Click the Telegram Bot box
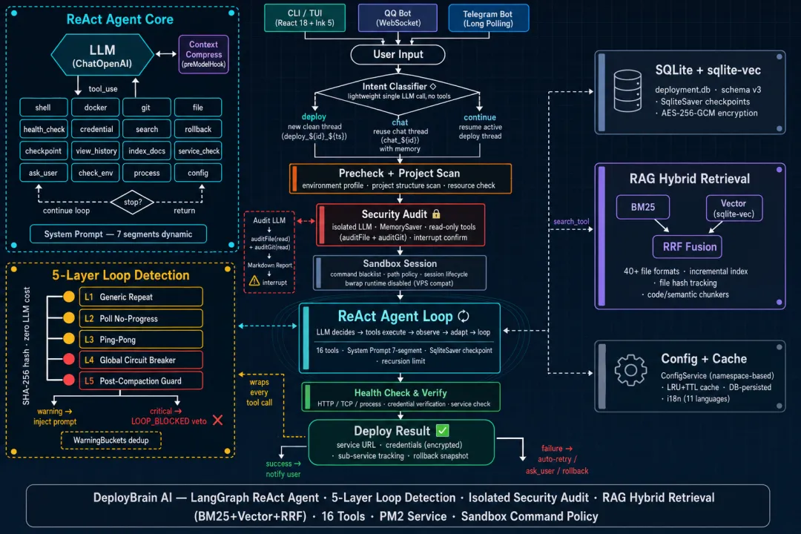488,19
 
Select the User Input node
398,55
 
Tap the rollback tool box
198,129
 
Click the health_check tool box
44,129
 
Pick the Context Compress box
203,54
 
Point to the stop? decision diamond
132,202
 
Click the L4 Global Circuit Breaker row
141,360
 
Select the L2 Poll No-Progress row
141,318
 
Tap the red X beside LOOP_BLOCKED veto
217,420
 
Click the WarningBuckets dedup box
111,441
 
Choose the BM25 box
642,207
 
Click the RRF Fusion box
687,247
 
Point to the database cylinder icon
627,91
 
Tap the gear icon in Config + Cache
630,369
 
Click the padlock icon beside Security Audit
436,214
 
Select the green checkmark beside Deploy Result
443,431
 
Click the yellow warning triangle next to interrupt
254,281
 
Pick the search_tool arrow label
571,221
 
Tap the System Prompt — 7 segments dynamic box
118,234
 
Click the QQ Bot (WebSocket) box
398,18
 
